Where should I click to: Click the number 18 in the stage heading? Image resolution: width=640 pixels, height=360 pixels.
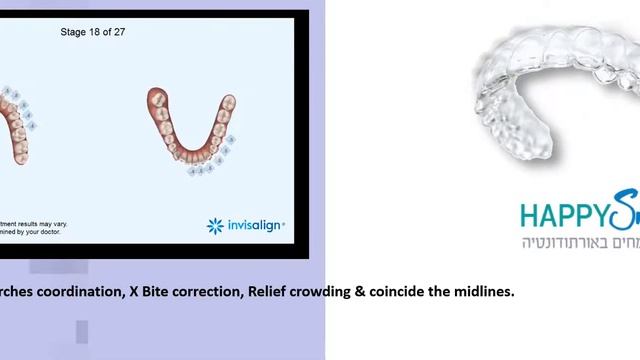tap(94, 32)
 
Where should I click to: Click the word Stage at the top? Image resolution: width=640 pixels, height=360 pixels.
tap(73, 32)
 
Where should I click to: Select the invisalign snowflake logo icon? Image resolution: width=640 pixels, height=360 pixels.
tap(214, 226)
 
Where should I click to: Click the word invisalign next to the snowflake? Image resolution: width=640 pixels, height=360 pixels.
tap(254, 226)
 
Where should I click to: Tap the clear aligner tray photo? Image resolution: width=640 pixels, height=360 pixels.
tap(555, 90)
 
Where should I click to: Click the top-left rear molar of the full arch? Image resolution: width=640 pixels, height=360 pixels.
tap(156, 98)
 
